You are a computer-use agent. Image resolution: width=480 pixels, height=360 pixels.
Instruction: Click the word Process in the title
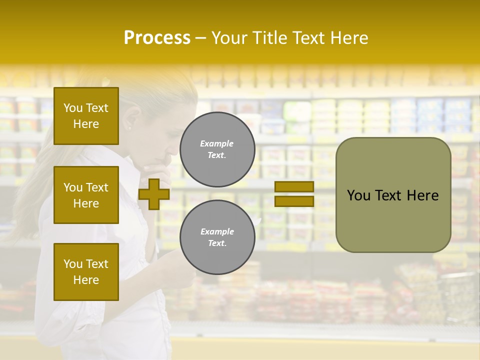tap(157, 38)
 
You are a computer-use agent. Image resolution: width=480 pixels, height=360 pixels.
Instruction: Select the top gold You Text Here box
tap(86, 116)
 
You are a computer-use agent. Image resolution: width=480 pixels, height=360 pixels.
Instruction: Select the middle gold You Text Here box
tap(86, 195)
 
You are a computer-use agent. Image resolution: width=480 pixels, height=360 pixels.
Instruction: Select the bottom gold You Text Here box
tap(86, 271)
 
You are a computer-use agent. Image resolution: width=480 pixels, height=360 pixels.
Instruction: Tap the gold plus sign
tap(153, 194)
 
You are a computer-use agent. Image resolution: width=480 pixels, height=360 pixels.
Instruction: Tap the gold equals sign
tap(294, 194)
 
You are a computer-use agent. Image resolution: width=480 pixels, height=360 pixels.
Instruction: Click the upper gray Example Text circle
tap(217, 149)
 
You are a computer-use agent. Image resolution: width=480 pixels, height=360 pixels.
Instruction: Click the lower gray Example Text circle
tap(217, 237)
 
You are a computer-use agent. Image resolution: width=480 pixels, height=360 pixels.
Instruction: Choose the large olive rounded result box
tap(393, 195)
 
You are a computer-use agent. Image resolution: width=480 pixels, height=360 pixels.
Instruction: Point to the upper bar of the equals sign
tap(294, 187)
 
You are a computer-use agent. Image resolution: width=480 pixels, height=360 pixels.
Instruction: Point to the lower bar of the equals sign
tap(294, 201)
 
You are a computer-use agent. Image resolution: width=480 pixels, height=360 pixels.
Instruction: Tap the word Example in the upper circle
tap(217, 143)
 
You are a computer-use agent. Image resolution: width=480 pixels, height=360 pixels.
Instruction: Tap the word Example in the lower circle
tap(217, 231)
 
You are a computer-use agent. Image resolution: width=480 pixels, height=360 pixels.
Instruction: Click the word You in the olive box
tap(359, 195)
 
